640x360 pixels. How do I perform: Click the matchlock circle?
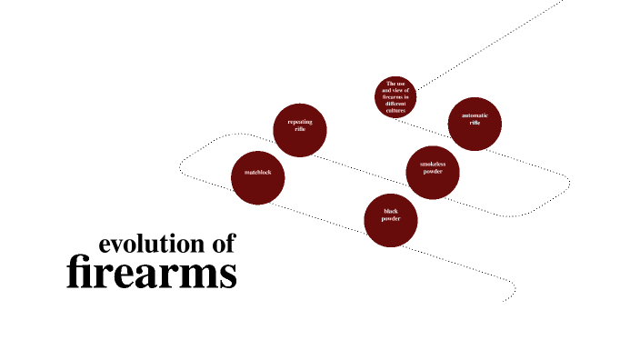click(258, 176)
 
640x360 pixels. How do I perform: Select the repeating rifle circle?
click(300, 130)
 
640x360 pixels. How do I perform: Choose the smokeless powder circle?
click(433, 171)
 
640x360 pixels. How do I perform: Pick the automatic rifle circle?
click(475, 123)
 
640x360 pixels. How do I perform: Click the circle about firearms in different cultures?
click(395, 97)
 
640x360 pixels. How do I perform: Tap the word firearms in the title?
click(152, 274)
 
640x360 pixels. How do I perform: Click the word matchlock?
click(258, 172)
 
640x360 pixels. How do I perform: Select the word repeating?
click(300, 122)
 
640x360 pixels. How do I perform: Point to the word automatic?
click(475, 115)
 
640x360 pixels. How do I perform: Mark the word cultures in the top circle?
click(395, 111)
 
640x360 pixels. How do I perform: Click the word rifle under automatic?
click(475, 123)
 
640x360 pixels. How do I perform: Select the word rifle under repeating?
click(300, 129)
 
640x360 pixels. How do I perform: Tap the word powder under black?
click(391, 219)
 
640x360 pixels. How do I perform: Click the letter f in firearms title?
click(76, 273)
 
